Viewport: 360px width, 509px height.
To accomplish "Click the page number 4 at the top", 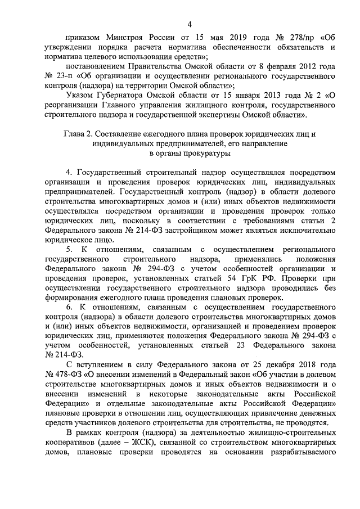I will click(x=189, y=23).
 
